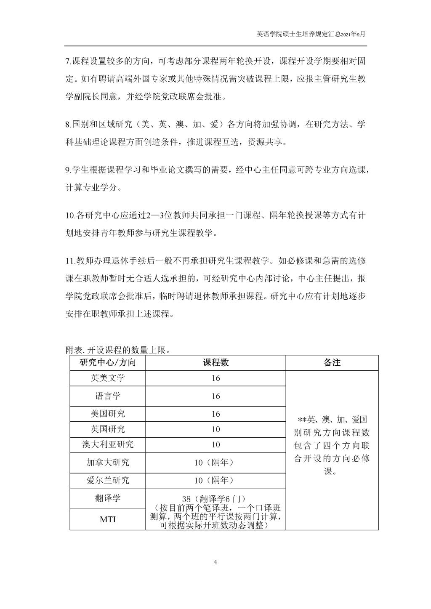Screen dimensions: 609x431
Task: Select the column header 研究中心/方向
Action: [x=108, y=362]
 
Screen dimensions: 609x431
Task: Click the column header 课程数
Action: [x=215, y=362]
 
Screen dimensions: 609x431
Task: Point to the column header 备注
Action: [x=332, y=362]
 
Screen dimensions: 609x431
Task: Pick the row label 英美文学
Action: [x=108, y=378]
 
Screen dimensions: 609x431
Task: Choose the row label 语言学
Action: [x=108, y=396]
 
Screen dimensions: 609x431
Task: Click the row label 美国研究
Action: [x=108, y=414]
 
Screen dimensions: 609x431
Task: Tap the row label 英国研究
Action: [x=108, y=429]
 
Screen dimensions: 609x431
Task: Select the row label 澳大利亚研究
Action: [x=108, y=444]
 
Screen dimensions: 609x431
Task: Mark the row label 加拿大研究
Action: [x=108, y=463]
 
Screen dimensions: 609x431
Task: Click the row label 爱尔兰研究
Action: [x=108, y=480]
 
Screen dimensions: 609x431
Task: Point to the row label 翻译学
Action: [x=108, y=498]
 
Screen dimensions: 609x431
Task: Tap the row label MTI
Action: [x=108, y=519]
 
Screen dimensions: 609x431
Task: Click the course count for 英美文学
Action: [x=215, y=378]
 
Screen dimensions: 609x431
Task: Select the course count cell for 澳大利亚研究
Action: [x=215, y=444]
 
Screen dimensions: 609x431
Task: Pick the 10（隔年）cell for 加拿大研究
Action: [x=215, y=463]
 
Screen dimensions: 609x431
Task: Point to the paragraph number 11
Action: [x=70, y=261]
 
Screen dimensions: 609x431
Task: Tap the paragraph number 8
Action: [x=68, y=125]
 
